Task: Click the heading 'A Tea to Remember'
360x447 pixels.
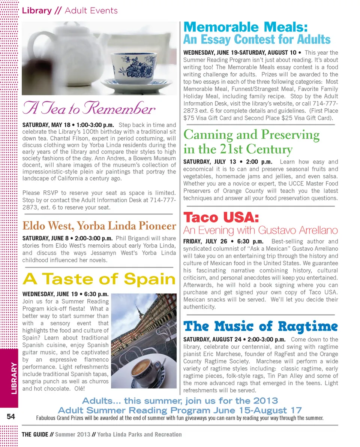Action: pos(89,109)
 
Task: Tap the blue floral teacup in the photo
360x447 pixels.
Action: pos(133,68)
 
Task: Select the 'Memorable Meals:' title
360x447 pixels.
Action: pos(246,27)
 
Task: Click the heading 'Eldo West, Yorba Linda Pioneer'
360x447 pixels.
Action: pos(99,226)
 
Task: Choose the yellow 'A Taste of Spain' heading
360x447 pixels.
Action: pos(99,279)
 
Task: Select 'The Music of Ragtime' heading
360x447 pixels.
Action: pos(260,326)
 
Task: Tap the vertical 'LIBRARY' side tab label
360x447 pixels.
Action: pos(13,378)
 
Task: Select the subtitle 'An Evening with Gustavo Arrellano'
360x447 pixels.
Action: pos(260,230)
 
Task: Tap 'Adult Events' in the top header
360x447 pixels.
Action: pos(91,10)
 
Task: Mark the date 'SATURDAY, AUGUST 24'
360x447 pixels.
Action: pos(212,339)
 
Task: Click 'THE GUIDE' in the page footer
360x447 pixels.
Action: pos(35,435)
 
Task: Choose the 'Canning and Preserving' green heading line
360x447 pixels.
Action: pos(251,135)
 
